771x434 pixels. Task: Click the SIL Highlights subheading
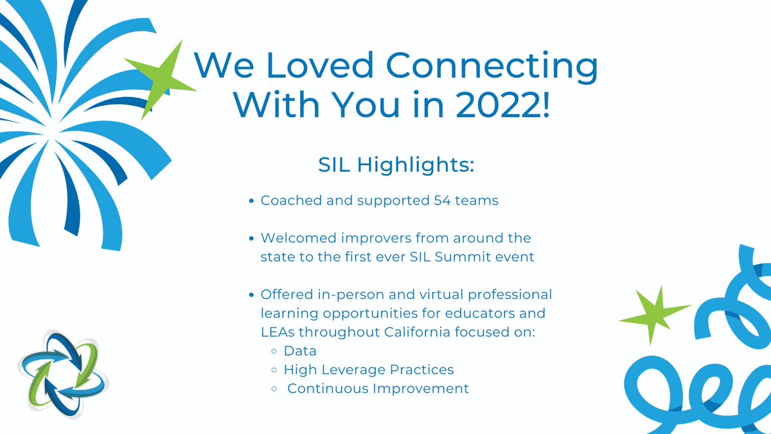(x=396, y=165)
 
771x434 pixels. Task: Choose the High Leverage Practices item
(x=369, y=370)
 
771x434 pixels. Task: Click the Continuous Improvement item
(x=378, y=388)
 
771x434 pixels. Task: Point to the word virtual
(x=423, y=294)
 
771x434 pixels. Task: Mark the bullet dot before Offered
(x=253, y=295)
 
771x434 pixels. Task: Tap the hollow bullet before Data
(x=274, y=352)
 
